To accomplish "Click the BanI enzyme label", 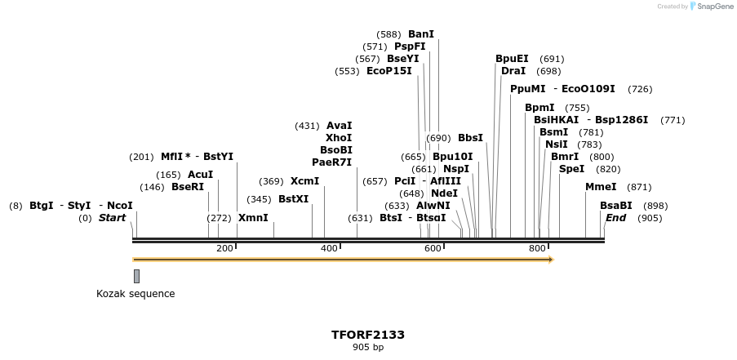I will point(421,34).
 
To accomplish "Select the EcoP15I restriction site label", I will point(389,71).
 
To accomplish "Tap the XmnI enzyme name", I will point(253,218).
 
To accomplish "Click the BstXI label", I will point(294,198).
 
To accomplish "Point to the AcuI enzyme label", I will point(200,174).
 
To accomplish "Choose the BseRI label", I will point(188,187).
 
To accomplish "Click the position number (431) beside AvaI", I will point(307,126).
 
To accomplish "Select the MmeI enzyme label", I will point(601,187).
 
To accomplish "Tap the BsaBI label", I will point(616,206).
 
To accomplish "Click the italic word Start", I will point(113,218).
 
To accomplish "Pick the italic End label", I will point(615,218).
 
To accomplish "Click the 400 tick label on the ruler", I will point(329,248).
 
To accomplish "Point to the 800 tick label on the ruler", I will point(537,248).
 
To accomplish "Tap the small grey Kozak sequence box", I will point(136,276).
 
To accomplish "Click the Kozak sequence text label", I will point(135,294).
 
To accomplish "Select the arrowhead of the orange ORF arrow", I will point(551,260).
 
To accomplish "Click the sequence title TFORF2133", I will point(368,335).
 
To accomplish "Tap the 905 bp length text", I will point(368,348).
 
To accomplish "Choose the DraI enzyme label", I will point(513,71).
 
